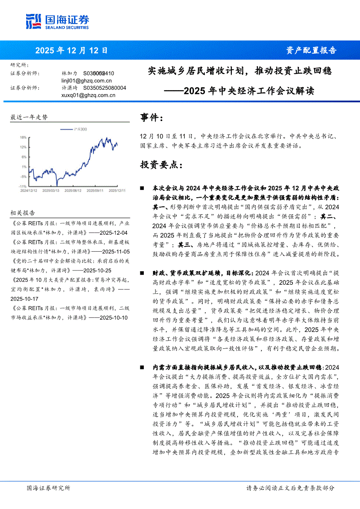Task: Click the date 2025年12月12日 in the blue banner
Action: pyautogui.click(x=71, y=51)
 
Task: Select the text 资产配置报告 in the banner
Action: pyautogui.click(x=311, y=51)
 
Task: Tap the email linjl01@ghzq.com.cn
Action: pyautogui.click(x=87, y=81)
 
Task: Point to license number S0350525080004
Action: pyautogui.click(x=104, y=88)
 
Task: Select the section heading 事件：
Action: pyautogui.click(x=152, y=118)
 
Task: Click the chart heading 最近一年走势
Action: pyautogui.click(x=29, y=118)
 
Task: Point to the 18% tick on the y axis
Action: pyautogui.click(x=23, y=137)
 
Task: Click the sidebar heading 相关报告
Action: pyautogui.click(x=23, y=213)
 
